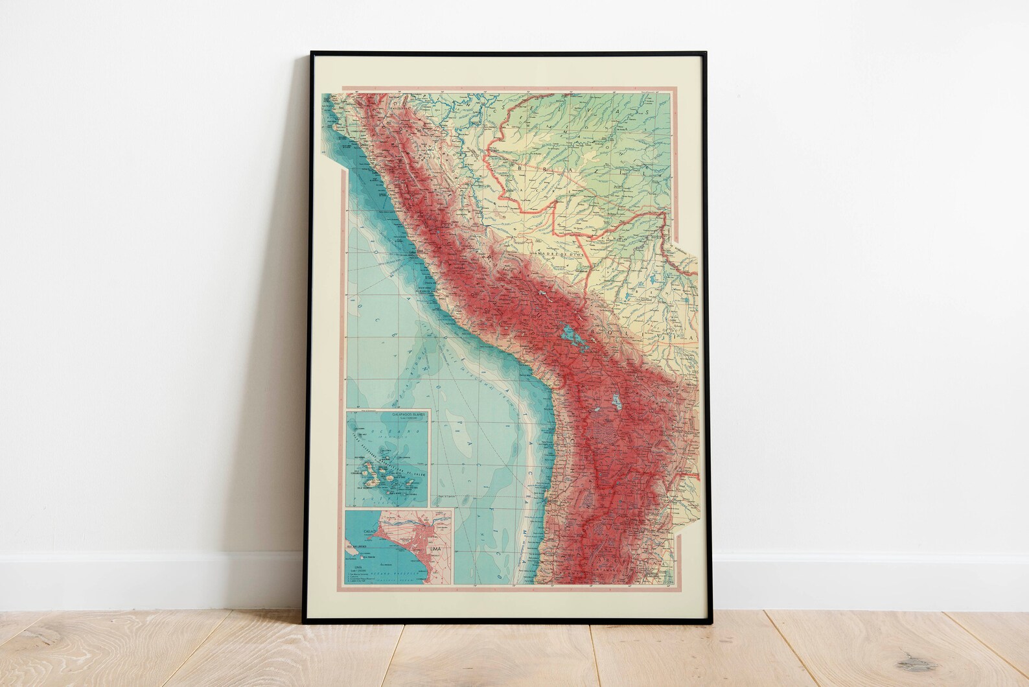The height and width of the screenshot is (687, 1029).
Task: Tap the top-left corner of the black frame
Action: [x=312, y=51]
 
